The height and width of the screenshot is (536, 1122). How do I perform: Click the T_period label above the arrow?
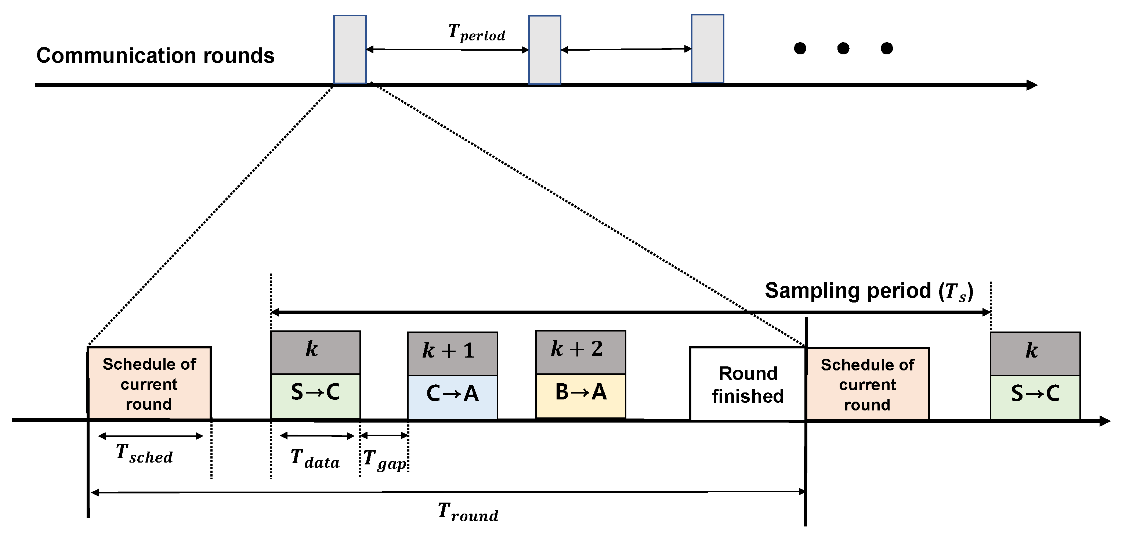[x=477, y=33]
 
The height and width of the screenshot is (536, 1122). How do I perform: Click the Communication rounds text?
[x=156, y=56]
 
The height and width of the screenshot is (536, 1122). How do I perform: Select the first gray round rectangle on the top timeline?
[x=350, y=49]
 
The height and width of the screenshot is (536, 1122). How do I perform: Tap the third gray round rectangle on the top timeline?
[x=707, y=49]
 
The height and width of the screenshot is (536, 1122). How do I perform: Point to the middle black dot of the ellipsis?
[x=843, y=48]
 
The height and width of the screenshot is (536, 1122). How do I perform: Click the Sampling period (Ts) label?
[x=869, y=291]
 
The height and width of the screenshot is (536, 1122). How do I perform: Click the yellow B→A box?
[x=580, y=395]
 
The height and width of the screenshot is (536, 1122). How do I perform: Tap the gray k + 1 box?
[x=453, y=353]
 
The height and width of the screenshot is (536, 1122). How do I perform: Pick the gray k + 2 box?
[x=580, y=352]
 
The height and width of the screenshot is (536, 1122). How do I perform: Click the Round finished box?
[x=748, y=384]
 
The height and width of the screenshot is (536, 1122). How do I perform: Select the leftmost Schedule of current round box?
[x=149, y=384]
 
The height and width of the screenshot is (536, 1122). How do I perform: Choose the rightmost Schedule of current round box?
[x=868, y=384]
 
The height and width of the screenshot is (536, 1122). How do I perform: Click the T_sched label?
[x=144, y=453]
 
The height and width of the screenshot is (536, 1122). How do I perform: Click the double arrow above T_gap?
[x=384, y=435]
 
